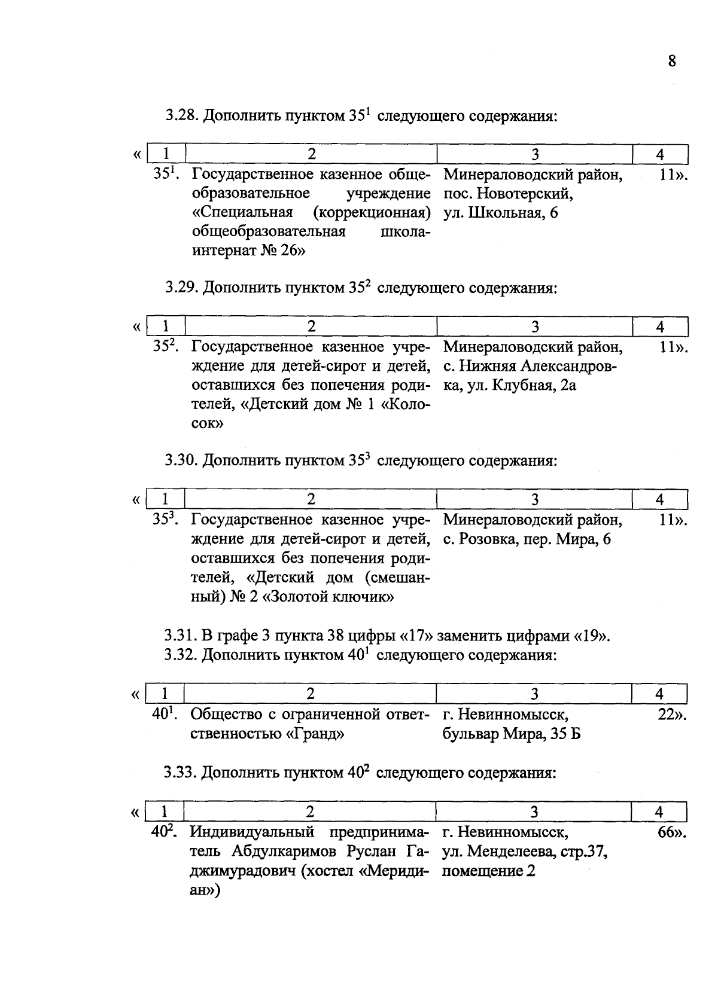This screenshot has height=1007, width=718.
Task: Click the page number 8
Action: pyautogui.click(x=671, y=61)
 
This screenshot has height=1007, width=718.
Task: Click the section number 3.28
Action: pyautogui.click(x=181, y=115)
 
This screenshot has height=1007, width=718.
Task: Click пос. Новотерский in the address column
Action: pyautogui.click(x=508, y=194)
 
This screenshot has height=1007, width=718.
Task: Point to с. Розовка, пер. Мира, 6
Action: pyautogui.click(x=527, y=539)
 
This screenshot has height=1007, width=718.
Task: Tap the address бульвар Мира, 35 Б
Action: pyautogui.click(x=511, y=734)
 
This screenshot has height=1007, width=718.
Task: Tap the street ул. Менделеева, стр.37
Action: pyautogui.click(x=525, y=852)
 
